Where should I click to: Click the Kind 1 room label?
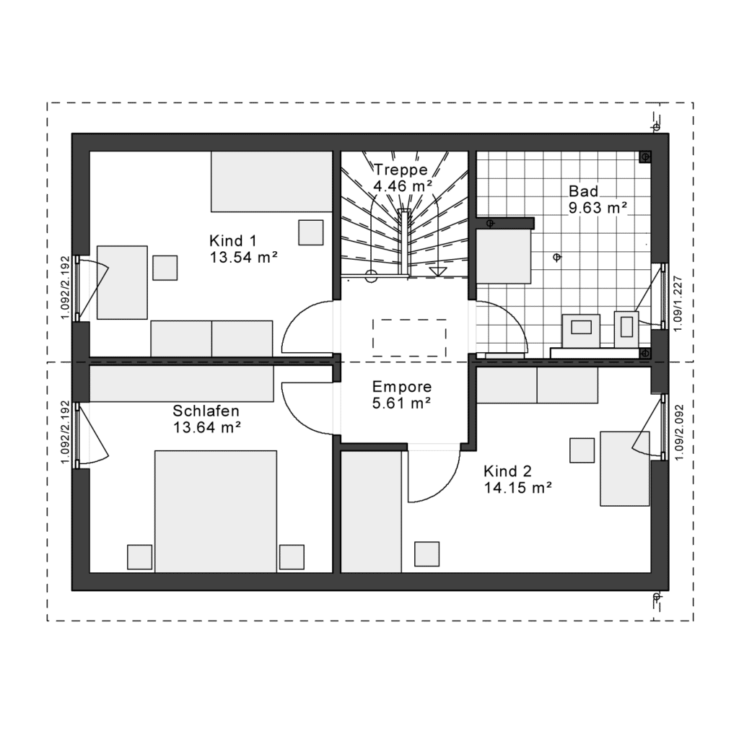click(233, 241)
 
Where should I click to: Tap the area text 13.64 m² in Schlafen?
click(207, 427)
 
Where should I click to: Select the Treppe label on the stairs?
click(401, 170)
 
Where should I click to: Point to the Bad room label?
click(583, 191)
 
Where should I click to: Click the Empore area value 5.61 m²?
click(402, 403)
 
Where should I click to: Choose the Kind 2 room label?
click(507, 471)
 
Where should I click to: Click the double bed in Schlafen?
click(215, 512)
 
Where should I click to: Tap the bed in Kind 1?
click(272, 181)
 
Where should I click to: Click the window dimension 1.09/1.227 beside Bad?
click(678, 304)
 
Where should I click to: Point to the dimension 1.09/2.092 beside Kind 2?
click(678, 432)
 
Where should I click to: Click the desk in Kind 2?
click(624, 468)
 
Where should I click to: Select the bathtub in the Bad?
click(504, 256)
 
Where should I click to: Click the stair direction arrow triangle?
click(437, 271)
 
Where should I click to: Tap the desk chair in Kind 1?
click(165, 268)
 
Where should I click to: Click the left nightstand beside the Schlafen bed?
click(139, 557)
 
